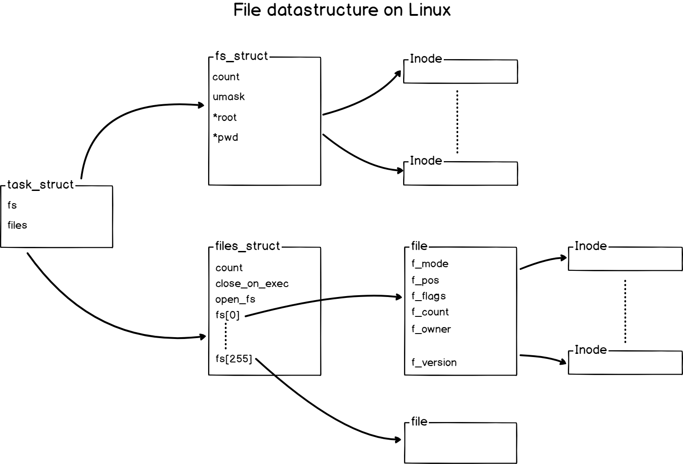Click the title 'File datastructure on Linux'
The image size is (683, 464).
(342, 10)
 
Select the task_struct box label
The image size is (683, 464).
(41, 185)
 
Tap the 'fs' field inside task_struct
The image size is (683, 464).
(12, 205)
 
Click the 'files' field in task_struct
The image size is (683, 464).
(18, 225)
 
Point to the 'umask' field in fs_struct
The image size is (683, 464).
(229, 97)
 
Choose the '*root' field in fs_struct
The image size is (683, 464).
(225, 117)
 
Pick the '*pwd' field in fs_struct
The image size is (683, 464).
(226, 138)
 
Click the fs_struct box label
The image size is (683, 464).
(242, 56)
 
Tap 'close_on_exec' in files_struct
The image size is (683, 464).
(252, 284)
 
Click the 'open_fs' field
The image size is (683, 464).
(235, 299)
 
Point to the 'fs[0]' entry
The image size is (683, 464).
(228, 315)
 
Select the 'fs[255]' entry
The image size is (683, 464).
(234, 359)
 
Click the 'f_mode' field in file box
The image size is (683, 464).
(430, 264)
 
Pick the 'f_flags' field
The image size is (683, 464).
(428, 296)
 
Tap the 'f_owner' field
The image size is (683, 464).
(431, 329)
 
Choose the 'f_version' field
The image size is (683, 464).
(434, 362)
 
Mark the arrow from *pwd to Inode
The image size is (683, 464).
(360, 158)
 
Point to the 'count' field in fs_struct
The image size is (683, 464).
(226, 77)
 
